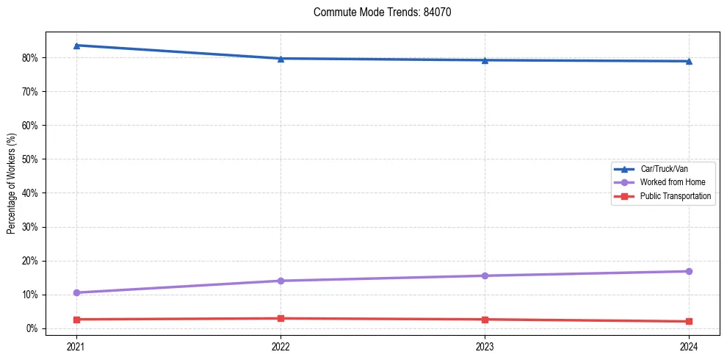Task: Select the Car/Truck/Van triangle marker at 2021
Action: pos(76,46)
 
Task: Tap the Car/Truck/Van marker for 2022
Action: pos(281,59)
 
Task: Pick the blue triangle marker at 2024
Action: pos(689,61)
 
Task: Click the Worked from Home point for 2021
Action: pos(76,292)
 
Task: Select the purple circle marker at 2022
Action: pos(281,281)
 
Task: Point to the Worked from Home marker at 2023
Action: pos(485,276)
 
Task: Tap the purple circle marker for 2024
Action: pos(689,271)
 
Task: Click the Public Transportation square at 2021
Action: pos(76,320)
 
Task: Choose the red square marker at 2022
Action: pos(281,318)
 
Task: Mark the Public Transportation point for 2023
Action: pos(485,320)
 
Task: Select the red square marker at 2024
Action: pos(689,321)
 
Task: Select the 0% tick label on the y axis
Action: pos(32,328)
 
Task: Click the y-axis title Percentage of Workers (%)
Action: pos(12,184)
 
